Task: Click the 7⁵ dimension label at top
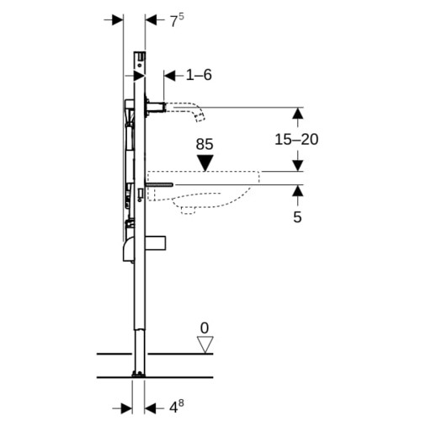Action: pos(177,20)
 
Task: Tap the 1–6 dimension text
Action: pos(199,75)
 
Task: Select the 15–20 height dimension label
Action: pos(296,140)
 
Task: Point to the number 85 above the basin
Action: pos(205,144)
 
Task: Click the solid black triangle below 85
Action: pos(205,163)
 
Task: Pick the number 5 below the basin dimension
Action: pos(297,217)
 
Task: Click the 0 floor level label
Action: pos(205,328)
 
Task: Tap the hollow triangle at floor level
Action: pos(205,344)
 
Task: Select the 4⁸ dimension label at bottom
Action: pos(177,408)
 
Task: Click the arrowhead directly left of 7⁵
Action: pos(151,20)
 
